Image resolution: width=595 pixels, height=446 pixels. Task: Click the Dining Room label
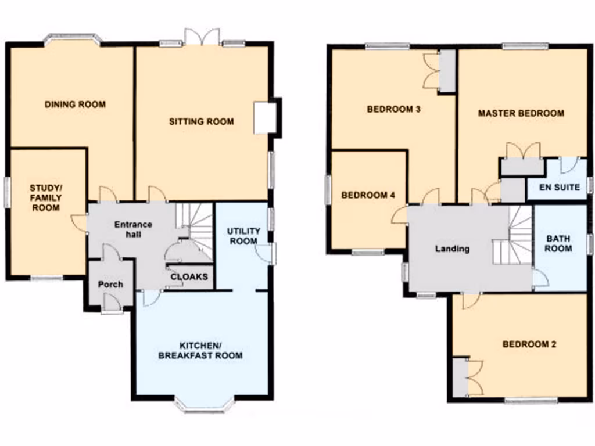[75, 105]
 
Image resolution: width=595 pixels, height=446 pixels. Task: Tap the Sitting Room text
[201, 121]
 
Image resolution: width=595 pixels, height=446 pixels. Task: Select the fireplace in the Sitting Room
[264, 118]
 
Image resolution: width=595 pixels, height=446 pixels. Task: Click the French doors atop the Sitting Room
[202, 37]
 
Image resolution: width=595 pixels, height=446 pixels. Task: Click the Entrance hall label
[132, 229]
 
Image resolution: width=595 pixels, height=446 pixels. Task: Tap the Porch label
[110, 284]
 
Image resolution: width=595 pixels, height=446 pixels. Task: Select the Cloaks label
[189, 277]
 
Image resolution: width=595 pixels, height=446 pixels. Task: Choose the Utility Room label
[242, 236]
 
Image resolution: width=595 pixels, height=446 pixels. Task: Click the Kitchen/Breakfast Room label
[200, 350]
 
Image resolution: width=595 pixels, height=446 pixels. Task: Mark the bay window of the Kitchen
[205, 407]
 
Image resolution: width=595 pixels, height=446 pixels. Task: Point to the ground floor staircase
[195, 226]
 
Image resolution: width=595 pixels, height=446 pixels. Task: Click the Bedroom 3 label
[393, 109]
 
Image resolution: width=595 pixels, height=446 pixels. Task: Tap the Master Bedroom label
[521, 113]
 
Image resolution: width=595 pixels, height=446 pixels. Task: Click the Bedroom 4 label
[368, 195]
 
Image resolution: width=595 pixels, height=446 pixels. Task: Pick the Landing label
[452, 249]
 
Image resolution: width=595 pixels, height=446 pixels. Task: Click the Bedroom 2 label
[529, 344]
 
